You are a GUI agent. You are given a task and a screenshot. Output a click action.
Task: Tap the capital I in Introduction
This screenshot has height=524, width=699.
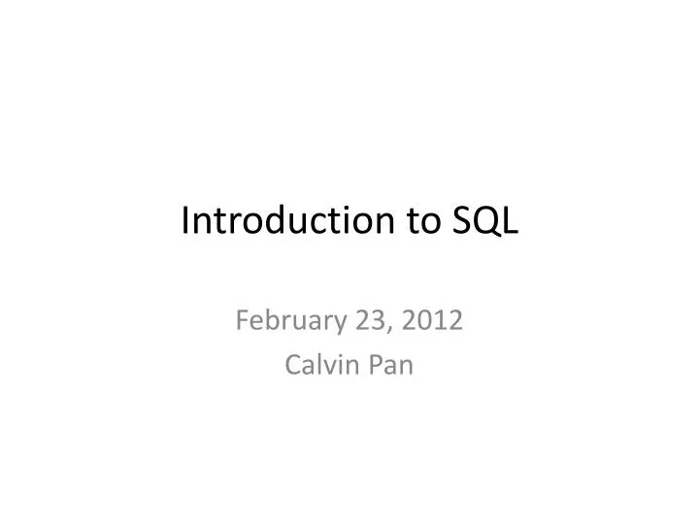185,221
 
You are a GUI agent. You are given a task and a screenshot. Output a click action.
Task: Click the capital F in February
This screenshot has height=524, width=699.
243,319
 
